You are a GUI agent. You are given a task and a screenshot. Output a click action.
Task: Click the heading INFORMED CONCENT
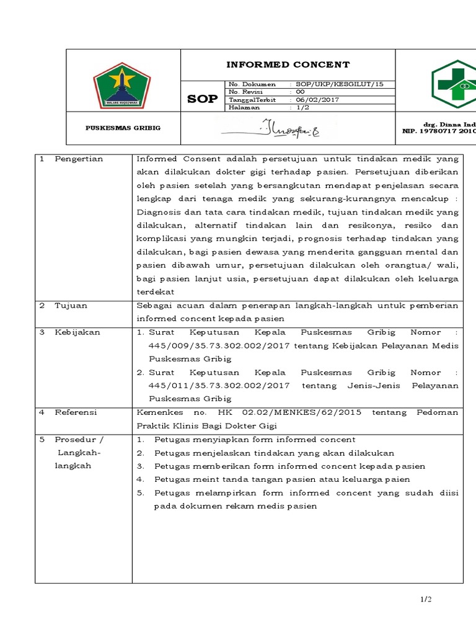pyautogui.click(x=288, y=64)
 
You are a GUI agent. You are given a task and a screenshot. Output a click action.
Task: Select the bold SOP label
pyautogui.click(x=202, y=99)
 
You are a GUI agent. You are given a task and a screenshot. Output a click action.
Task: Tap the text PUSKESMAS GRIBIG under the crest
pyautogui.click(x=123, y=128)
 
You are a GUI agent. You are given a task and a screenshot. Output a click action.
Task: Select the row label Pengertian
pyautogui.click(x=79, y=159)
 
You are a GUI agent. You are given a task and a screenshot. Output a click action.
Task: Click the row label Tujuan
pyautogui.click(x=71, y=305)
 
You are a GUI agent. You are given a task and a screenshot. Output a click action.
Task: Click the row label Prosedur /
pyautogui.click(x=79, y=439)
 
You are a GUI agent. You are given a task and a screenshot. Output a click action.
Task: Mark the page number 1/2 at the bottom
pyautogui.click(x=425, y=599)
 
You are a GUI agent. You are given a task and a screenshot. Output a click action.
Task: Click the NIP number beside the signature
pyautogui.click(x=439, y=131)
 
